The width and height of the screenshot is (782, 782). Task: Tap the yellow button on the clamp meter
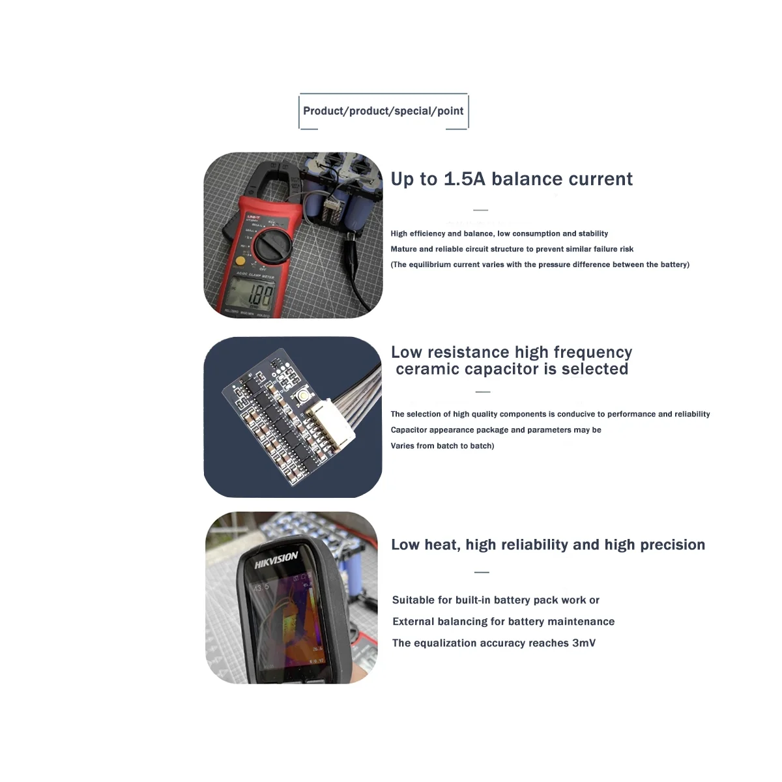[x=240, y=261]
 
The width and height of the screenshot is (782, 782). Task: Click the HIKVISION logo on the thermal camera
[x=276, y=559]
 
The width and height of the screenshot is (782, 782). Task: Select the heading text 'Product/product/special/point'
[x=383, y=111]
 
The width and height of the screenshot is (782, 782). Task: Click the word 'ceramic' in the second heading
[x=429, y=369]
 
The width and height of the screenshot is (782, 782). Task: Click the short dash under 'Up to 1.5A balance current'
[x=480, y=210]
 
